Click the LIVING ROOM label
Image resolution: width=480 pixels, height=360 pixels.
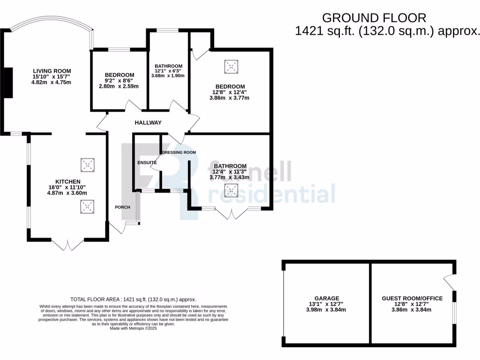point(52,71)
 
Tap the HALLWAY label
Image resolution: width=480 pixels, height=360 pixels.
point(148,123)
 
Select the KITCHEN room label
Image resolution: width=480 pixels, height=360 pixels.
point(68,181)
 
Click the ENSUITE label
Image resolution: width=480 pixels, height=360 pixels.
point(147,163)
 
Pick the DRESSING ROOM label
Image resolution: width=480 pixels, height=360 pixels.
point(179,152)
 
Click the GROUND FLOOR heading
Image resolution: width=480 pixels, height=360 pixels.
point(374,18)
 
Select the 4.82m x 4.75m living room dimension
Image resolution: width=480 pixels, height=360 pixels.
point(52,82)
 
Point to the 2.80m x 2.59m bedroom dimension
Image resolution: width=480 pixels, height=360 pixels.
point(119,86)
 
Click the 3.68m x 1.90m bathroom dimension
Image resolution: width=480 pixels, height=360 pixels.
point(168,75)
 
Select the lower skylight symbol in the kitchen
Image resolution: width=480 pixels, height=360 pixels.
point(87,207)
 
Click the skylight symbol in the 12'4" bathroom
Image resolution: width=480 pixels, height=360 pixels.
point(231,190)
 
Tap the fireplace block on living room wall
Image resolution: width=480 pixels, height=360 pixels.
point(8,83)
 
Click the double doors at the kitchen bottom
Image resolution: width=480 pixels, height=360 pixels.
point(67,244)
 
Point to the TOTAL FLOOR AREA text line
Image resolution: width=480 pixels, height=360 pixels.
point(133,299)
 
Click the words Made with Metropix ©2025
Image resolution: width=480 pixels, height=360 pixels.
point(134,329)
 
